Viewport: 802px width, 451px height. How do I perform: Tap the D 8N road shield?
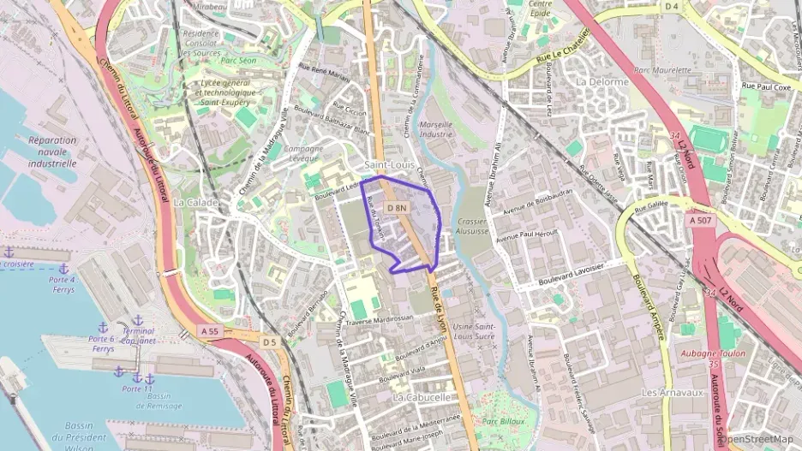coord(395,208)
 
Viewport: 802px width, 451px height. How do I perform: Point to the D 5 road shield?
coord(270,342)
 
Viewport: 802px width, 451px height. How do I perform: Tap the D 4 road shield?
coord(671,7)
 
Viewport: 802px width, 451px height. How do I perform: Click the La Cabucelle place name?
coord(422,398)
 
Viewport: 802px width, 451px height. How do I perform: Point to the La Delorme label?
coord(602,81)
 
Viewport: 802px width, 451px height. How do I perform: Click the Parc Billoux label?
coord(502,421)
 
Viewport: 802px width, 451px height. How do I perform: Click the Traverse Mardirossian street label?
coord(379,317)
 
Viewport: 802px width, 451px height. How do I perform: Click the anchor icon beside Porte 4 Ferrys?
coord(62,269)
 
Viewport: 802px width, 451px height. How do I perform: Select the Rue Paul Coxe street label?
coord(766,86)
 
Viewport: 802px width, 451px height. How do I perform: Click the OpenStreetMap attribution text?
coord(758,440)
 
